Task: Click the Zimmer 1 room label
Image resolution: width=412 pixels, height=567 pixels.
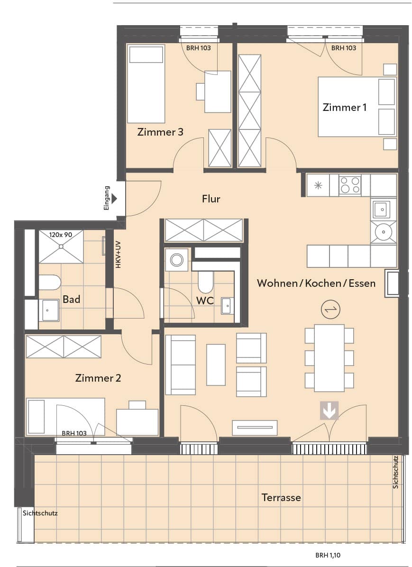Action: click(x=344, y=108)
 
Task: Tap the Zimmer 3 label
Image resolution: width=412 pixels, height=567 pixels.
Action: click(x=160, y=132)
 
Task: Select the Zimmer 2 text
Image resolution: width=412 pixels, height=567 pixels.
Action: click(x=98, y=378)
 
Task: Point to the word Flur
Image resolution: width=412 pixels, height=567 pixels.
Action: click(x=211, y=199)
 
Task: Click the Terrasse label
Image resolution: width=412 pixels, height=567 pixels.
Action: click(x=282, y=498)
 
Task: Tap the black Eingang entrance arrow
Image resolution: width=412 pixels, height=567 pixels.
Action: click(x=115, y=199)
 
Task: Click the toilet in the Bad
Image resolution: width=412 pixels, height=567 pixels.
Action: click(x=50, y=282)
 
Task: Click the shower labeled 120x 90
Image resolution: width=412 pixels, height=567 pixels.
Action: click(x=61, y=247)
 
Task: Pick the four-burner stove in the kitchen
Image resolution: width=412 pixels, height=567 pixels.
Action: click(x=350, y=185)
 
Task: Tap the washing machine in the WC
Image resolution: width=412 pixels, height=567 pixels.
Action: click(x=176, y=260)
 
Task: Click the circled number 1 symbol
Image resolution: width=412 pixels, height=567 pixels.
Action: click(x=330, y=310)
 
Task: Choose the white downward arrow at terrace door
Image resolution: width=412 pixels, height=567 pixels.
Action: click(x=329, y=411)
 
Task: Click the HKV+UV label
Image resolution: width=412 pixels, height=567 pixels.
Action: click(x=118, y=255)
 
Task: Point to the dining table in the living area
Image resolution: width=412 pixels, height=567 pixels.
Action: click(x=329, y=358)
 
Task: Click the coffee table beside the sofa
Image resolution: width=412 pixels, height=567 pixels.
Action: click(x=216, y=365)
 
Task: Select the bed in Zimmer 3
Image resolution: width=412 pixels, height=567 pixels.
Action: click(x=146, y=84)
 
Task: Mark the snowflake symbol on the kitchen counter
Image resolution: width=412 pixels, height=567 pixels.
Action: click(x=318, y=185)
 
